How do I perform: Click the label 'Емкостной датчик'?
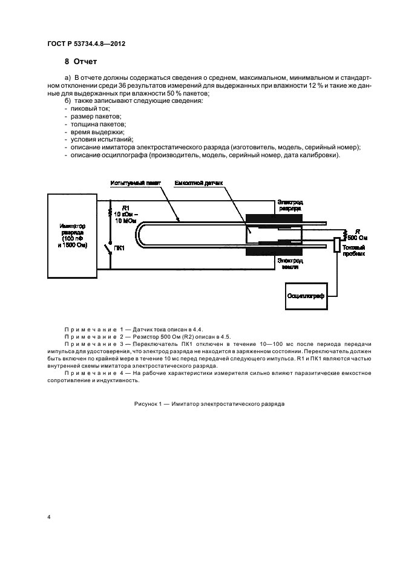click(199, 183)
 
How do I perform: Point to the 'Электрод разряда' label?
click(292, 204)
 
